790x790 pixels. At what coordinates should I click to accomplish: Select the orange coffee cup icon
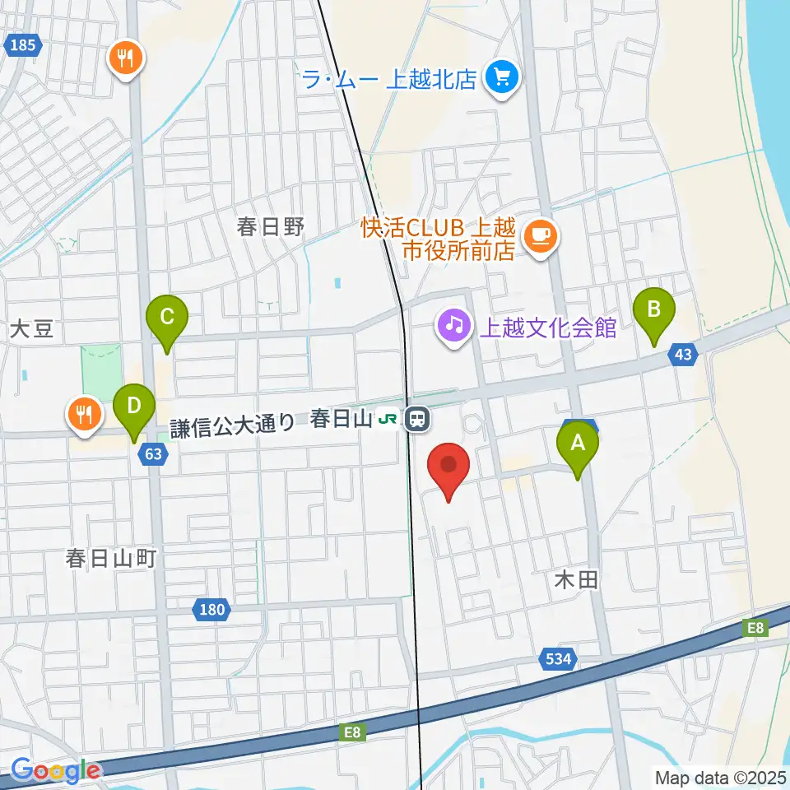[541, 236]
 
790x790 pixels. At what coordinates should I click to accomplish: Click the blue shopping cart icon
[500, 78]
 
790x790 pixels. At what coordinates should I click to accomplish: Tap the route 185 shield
[23, 46]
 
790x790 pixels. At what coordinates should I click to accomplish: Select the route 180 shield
[211, 610]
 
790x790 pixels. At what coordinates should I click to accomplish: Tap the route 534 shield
[558, 658]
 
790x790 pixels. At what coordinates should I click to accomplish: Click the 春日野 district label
[259, 227]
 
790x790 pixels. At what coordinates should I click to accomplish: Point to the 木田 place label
[574, 580]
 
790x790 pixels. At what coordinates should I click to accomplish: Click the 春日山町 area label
[111, 559]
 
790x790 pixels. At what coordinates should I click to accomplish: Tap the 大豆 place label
[31, 330]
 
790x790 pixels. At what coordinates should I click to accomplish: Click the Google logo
[56, 771]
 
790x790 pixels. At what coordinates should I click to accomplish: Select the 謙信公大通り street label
[233, 425]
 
